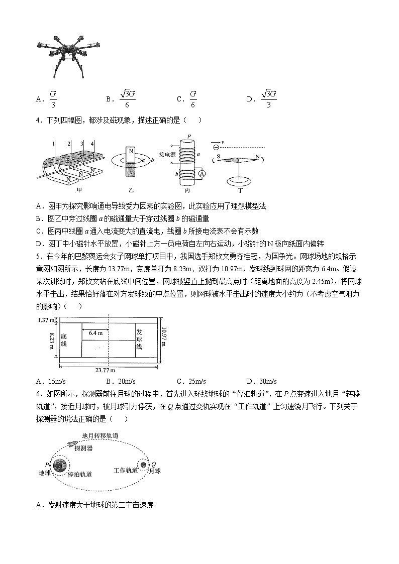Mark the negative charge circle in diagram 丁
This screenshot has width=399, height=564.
tap(216, 147)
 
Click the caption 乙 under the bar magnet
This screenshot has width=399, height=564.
tap(131, 191)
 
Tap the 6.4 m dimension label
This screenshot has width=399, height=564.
tap(95, 332)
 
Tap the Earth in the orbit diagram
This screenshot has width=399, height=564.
tap(60, 466)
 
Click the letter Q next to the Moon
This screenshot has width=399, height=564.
tap(154, 465)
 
